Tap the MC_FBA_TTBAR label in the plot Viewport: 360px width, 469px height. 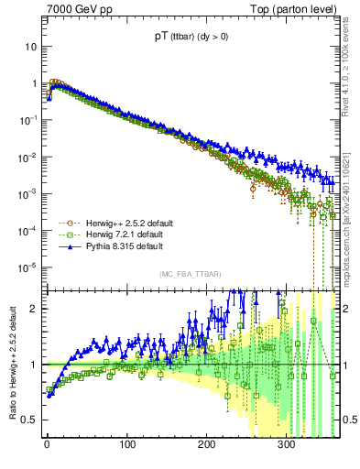[x=188, y=274]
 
